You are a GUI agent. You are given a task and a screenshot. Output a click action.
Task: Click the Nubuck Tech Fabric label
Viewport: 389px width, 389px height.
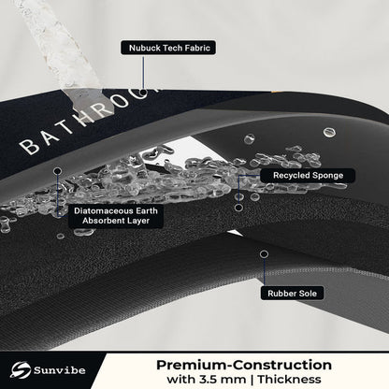click(168, 48)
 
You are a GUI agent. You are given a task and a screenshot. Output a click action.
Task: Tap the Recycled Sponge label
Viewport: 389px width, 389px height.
click(308, 176)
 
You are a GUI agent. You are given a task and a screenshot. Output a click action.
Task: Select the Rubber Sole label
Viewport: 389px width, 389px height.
click(292, 294)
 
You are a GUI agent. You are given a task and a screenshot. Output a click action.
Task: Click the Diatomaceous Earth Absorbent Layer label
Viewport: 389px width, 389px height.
click(116, 216)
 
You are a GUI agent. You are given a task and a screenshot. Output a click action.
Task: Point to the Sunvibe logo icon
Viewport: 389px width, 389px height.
click(20, 369)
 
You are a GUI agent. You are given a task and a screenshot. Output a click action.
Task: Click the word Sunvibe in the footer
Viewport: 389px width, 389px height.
click(59, 370)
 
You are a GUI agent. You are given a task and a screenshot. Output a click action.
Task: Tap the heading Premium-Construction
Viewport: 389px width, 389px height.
click(244, 365)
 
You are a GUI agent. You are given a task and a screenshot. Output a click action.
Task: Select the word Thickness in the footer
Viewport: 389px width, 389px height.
click(289, 380)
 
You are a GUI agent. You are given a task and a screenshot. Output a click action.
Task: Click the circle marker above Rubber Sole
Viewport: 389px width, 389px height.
click(264, 254)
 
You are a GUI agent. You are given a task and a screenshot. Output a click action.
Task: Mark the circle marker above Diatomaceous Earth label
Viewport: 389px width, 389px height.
click(58, 171)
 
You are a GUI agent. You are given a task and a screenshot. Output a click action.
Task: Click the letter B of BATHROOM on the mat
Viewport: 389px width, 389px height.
click(29, 146)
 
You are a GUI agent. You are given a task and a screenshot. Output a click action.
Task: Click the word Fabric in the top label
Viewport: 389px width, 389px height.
click(197, 48)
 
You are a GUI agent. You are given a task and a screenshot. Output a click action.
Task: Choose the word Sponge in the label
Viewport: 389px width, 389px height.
click(328, 176)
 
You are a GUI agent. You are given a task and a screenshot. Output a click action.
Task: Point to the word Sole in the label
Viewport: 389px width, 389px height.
click(308, 294)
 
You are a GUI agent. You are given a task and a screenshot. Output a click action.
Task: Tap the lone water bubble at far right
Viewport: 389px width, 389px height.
click(329, 132)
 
